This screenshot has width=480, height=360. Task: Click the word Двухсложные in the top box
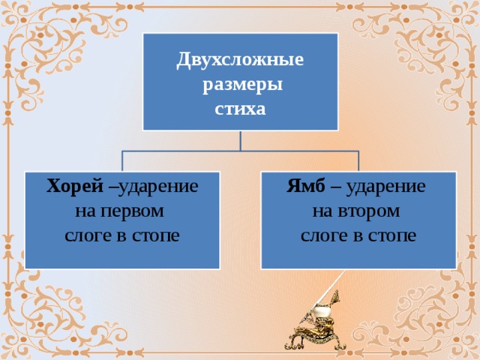(240, 60)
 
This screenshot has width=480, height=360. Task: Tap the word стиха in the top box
(240, 109)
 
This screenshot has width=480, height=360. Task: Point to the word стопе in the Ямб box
(391, 235)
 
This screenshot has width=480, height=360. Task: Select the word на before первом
(85, 211)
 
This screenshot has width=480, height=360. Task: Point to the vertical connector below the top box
(240, 140)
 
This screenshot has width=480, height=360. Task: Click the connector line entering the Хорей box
(121, 161)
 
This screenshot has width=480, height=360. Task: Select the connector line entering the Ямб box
(358, 161)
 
